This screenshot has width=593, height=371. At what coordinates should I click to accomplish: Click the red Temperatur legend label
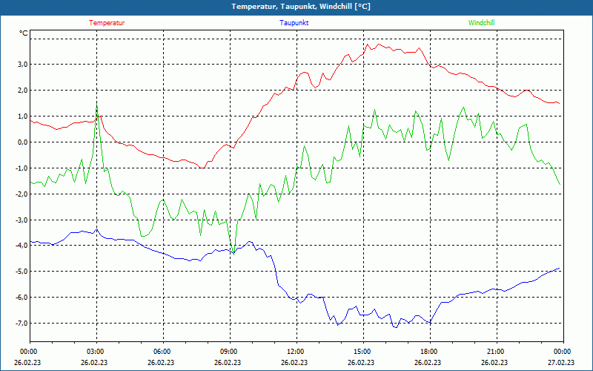(x=107, y=23)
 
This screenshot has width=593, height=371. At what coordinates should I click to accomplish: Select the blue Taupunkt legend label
(x=294, y=23)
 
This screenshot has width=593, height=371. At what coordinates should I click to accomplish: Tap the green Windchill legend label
(x=482, y=23)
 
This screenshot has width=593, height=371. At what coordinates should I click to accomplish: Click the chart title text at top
(x=301, y=7)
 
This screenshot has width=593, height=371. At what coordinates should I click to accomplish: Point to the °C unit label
(x=24, y=33)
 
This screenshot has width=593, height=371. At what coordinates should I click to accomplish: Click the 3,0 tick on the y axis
(x=21, y=65)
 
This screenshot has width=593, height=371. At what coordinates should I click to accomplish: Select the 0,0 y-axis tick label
(x=21, y=142)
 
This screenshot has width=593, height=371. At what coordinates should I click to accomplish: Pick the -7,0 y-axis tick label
(x=21, y=324)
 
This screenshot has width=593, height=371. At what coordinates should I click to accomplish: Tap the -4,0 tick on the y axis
(x=21, y=246)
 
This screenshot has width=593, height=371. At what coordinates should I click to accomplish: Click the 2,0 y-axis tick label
(x=21, y=91)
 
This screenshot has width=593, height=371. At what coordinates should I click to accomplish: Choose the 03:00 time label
(x=96, y=352)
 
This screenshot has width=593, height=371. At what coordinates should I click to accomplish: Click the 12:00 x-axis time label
(x=296, y=352)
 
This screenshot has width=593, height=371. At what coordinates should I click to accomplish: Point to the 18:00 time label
(x=429, y=352)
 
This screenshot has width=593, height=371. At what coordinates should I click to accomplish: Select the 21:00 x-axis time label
(x=496, y=352)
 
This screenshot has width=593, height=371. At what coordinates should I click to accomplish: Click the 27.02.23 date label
(x=561, y=363)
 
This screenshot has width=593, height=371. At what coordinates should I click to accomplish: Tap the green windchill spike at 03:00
(x=96, y=105)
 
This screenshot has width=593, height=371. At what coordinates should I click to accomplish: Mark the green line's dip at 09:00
(x=233, y=254)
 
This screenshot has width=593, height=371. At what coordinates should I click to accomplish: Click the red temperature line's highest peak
(x=378, y=44)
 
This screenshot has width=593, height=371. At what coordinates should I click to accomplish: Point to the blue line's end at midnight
(x=560, y=268)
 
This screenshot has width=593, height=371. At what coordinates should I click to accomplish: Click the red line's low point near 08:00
(x=202, y=168)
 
